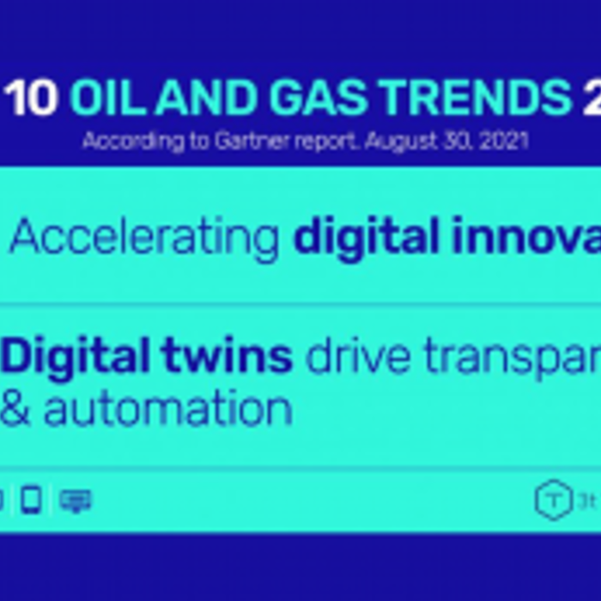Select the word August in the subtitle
[397, 141]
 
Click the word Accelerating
[145, 238]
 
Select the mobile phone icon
[32, 500]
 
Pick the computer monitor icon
[75, 500]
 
